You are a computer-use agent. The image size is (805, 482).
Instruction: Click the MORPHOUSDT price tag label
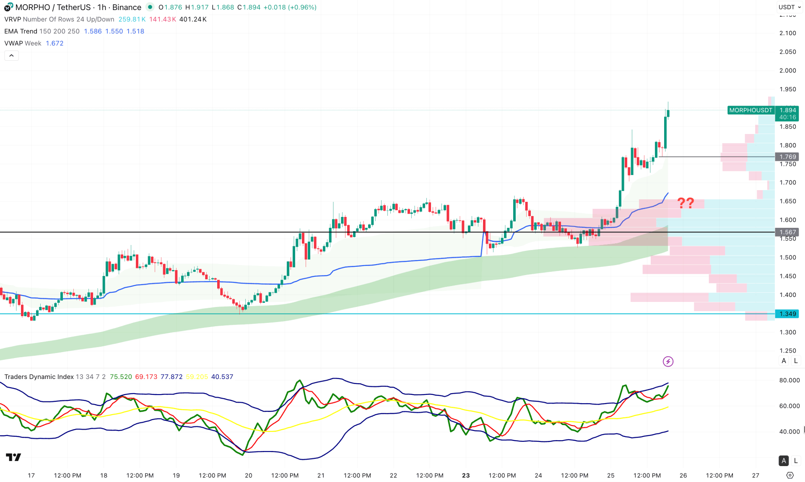[750, 110]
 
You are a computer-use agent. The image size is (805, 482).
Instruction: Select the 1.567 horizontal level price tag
[787, 232]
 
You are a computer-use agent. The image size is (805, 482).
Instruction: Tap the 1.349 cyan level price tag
[787, 314]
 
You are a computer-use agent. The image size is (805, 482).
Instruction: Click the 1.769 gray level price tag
[787, 157]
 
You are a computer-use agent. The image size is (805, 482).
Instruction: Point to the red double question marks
[686, 203]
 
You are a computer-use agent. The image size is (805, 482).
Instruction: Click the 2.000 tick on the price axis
[787, 70]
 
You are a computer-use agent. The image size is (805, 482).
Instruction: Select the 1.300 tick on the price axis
[787, 332]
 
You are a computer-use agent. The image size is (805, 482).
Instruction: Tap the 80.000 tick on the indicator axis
[789, 380]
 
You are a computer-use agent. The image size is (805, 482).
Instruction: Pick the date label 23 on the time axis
[466, 475]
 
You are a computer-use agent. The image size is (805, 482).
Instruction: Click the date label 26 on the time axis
[683, 475]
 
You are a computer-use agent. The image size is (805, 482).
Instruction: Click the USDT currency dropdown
[789, 7]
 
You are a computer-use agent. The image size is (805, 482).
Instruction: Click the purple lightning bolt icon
[668, 361]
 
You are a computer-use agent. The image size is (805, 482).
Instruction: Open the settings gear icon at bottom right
[790, 475]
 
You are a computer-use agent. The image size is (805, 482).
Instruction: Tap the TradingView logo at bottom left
[13, 457]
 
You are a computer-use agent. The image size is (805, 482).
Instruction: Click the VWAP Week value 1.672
[55, 43]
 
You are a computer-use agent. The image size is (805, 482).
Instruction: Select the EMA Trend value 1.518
[135, 31]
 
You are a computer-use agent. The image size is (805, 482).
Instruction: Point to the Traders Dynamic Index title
[39, 377]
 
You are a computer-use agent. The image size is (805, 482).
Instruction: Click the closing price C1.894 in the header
[249, 7]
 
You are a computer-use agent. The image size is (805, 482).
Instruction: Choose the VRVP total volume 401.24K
[193, 19]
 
